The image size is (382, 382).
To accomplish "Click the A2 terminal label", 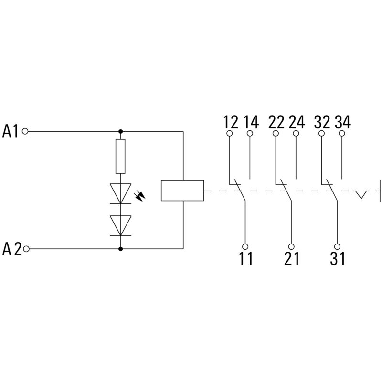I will [x=12, y=249].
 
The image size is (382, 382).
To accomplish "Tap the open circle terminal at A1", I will [x=25, y=131].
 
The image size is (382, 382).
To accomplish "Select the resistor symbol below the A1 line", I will [x=120, y=156].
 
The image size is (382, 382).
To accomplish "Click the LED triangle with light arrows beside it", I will [x=120, y=193].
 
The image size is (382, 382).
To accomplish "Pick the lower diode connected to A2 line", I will [x=120, y=224].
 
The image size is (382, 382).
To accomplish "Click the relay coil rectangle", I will [x=183, y=191].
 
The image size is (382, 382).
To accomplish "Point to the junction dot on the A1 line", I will [x=120, y=131].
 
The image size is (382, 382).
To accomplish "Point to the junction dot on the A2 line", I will [x=120, y=249].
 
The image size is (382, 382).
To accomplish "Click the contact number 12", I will [x=230, y=122].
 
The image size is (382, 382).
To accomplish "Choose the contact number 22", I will [x=276, y=122].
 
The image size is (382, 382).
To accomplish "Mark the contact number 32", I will [x=322, y=122].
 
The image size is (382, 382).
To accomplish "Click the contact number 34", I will [x=342, y=122].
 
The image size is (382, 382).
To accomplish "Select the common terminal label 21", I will [x=291, y=258].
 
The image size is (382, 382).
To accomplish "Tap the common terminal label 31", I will [x=337, y=258].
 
